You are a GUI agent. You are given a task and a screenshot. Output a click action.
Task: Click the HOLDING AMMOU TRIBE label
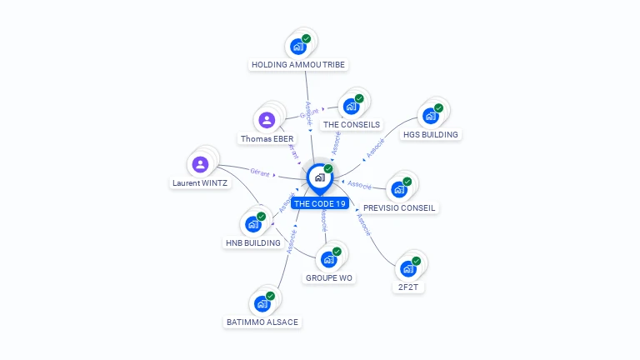point(298,64)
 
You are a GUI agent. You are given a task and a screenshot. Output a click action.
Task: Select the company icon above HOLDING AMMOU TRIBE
point(298,47)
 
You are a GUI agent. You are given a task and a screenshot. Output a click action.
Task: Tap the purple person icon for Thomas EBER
point(267,120)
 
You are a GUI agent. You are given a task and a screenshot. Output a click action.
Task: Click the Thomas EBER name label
point(267,138)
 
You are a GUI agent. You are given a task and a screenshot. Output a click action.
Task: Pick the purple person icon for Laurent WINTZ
point(200,164)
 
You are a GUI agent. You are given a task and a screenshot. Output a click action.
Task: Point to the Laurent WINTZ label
point(200,182)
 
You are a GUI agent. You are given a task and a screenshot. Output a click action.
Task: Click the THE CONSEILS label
point(352,124)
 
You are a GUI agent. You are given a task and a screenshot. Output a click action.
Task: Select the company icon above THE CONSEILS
point(352,107)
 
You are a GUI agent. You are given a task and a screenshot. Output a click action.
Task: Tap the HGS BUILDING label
point(431,133)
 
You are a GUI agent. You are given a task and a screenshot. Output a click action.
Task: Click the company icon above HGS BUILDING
point(431,116)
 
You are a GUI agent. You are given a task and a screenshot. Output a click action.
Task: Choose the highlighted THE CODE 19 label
point(319,203)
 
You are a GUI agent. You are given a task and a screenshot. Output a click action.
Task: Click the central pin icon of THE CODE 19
point(319,177)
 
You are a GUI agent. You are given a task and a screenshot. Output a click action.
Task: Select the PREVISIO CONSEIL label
point(400,207)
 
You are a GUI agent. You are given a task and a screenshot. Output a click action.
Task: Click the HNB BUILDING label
point(252,242)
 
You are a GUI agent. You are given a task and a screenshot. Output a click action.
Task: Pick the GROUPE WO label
point(329,277)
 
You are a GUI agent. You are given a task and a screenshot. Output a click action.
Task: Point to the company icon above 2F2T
point(407,268)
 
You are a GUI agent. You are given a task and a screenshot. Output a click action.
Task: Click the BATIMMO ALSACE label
point(262,322)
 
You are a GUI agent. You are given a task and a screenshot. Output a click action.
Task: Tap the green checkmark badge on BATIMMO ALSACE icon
point(270,296)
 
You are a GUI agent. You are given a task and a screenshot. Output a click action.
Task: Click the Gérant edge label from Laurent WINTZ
point(259,172)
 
